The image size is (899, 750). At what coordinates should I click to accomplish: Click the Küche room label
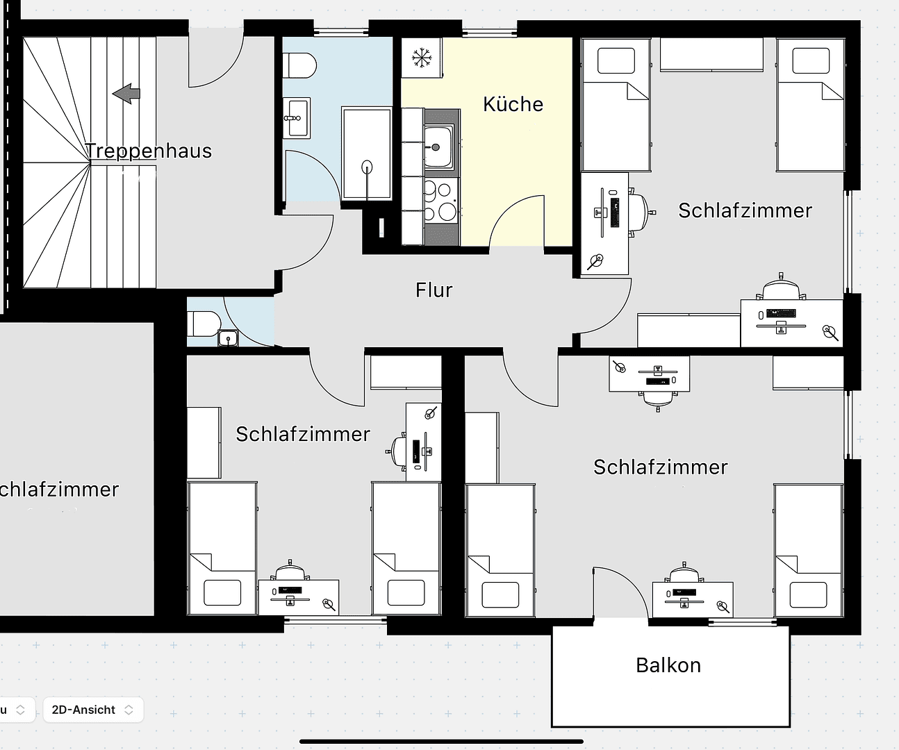pyautogui.click(x=513, y=104)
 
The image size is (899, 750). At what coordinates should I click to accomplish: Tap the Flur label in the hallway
pyautogui.click(x=434, y=290)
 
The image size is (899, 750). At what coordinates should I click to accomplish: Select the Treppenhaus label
pyautogui.click(x=148, y=151)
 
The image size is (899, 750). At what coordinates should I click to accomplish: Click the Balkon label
pyautogui.click(x=668, y=665)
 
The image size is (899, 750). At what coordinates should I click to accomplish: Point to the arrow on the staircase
pyautogui.click(x=126, y=93)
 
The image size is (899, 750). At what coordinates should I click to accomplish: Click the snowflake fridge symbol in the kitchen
pyautogui.click(x=420, y=58)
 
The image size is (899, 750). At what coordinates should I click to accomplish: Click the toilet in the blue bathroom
pyautogui.click(x=301, y=67)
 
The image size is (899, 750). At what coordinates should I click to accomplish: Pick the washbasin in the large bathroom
pyautogui.click(x=296, y=117)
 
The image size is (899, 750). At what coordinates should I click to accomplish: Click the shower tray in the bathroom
pyautogui.click(x=366, y=153)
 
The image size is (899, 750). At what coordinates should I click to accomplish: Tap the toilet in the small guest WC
pyautogui.click(x=204, y=323)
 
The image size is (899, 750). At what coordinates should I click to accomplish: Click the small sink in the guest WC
pyautogui.click(x=227, y=339)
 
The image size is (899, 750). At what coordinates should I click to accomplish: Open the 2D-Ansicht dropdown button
pyautogui.click(x=92, y=710)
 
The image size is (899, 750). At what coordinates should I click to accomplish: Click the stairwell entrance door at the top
pyautogui.click(x=216, y=58)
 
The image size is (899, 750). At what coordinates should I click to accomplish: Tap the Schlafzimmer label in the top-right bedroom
pyautogui.click(x=745, y=210)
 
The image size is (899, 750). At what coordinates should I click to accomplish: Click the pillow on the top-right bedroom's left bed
pyautogui.click(x=616, y=60)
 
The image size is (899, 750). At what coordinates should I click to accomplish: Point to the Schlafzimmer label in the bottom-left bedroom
pyautogui.click(x=303, y=434)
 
